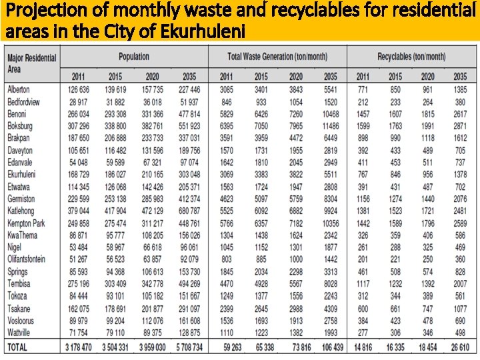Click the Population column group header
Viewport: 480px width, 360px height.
(x=134, y=57)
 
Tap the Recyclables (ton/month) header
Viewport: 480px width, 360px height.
(x=411, y=57)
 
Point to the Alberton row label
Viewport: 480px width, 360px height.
(x=20, y=89)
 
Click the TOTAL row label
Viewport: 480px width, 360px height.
(x=19, y=347)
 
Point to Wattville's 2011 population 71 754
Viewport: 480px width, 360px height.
(x=77, y=331)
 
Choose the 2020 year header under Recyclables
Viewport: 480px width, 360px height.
(x=428, y=77)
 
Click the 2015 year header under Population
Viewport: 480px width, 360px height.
(x=115, y=77)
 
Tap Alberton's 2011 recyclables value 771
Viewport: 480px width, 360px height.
(x=362, y=89)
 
